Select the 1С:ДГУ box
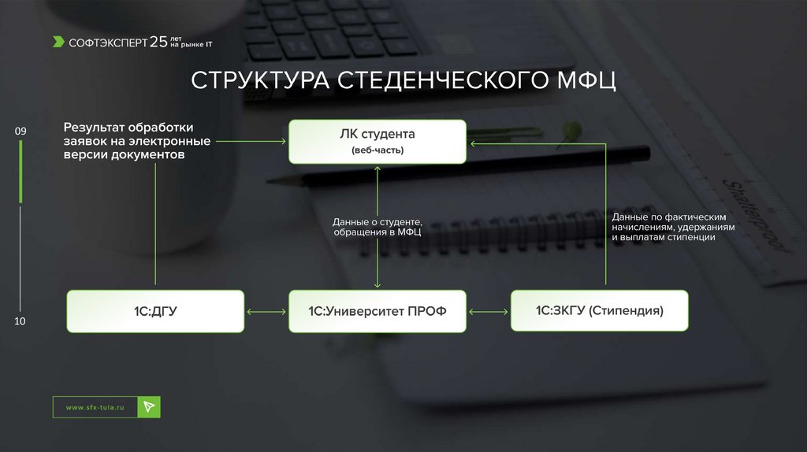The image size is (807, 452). (x=155, y=311)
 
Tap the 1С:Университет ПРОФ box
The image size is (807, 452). (x=377, y=311)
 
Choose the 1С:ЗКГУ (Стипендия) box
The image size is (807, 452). (x=600, y=310)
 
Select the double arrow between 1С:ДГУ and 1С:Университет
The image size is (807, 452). (x=266, y=312)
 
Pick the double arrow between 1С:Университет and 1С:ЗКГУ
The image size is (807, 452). (x=489, y=312)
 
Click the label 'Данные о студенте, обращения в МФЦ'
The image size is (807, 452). (x=377, y=227)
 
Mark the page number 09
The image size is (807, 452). (x=20, y=130)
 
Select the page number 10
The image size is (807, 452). (x=20, y=321)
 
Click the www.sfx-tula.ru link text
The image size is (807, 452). (x=95, y=407)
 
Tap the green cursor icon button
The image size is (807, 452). (x=149, y=406)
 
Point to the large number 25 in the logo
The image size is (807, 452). (x=158, y=41)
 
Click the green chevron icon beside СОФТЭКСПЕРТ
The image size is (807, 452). (x=59, y=42)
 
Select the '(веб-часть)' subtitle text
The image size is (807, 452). (x=377, y=150)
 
